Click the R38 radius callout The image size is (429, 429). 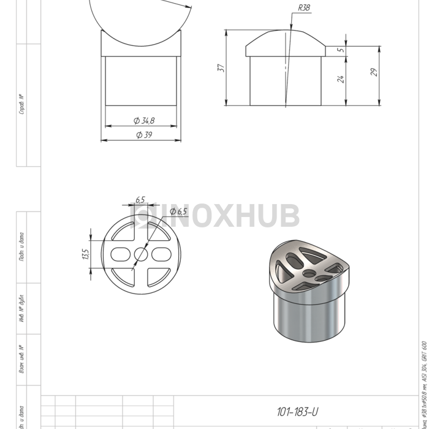[x=303, y=8]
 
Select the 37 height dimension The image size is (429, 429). [x=221, y=67]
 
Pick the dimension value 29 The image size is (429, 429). [x=373, y=72]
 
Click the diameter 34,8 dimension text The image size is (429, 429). [x=143, y=120]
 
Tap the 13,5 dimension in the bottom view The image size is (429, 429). [x=85, y=254]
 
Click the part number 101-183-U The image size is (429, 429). [x=297, y=412]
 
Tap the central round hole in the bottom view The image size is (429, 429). [x=140, y=253]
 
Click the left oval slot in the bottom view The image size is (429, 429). [x=120, y=253]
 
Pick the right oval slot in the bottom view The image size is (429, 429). [x=161, y=253]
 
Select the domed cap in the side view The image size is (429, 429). [x=286, y=44]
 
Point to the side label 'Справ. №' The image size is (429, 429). [x=21, y=104]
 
